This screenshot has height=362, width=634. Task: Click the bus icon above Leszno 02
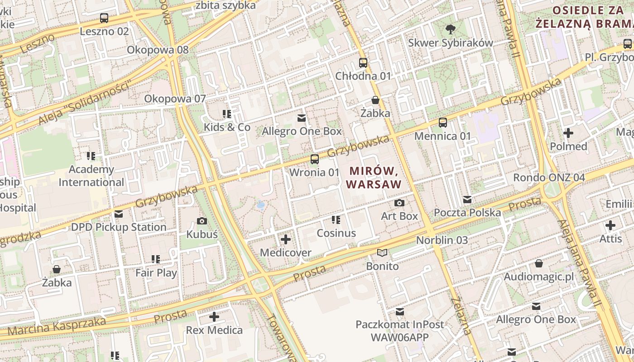(104, 18)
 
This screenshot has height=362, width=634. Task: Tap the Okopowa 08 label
(158, 50)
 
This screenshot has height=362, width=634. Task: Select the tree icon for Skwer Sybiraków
(450, 29)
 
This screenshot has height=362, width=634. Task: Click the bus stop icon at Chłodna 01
(363, 62)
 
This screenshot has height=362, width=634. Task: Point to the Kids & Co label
(227, 127)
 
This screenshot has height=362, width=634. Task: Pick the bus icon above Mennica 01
(443, 122)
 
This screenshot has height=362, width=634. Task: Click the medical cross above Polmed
(568, 133)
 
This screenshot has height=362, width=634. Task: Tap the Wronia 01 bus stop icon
(314, 159)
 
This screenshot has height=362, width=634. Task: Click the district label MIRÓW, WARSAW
(374, 177)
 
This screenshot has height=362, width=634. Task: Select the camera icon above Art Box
(399, 203)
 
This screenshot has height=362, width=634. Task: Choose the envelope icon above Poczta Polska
(467, 199)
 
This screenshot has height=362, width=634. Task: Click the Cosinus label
(336, 233)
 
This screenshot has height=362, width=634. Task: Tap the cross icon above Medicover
(286, 239)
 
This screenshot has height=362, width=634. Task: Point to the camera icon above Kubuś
(202, 221)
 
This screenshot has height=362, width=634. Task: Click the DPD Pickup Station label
(119, 227)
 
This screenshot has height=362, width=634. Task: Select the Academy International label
(91, 176)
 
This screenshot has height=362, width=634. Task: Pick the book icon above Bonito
(382, 252)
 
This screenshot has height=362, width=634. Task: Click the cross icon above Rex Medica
(214, 317)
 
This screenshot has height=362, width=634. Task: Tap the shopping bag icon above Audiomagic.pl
(539, 263)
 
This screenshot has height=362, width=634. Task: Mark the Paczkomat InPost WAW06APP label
(399, 331)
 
